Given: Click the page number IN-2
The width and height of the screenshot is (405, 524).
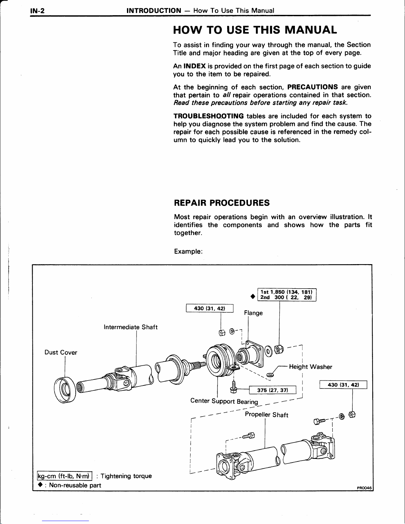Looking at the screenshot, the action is pos(37,11).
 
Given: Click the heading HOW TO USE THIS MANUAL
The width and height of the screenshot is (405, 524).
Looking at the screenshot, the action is pos(255,30).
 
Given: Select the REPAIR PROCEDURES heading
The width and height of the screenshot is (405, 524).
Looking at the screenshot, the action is pos(222,203).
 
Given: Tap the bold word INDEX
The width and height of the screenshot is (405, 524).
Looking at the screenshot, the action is pos(194,66).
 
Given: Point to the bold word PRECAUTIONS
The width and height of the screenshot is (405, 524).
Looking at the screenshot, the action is pos(312,87).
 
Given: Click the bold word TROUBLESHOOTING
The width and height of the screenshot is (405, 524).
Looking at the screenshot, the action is pos(209,116).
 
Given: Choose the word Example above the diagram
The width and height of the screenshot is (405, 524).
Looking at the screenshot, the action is pos(188,251).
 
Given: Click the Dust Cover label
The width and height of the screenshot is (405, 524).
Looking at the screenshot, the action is pos(61,352).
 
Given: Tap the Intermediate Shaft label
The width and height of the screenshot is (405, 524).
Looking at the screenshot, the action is pos(131,327).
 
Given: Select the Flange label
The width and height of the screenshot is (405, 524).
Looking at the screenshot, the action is pos(253,313).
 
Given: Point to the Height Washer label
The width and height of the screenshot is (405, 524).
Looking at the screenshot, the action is pos(310,367).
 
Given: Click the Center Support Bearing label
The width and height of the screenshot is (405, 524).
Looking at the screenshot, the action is pos(224,401).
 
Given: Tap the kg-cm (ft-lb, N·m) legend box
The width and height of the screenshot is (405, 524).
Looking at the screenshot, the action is pos(64,476).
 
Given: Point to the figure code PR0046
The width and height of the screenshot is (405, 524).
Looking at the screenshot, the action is pos(364,488).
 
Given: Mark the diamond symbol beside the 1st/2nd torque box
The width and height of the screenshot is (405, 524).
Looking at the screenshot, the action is pos(253,296).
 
